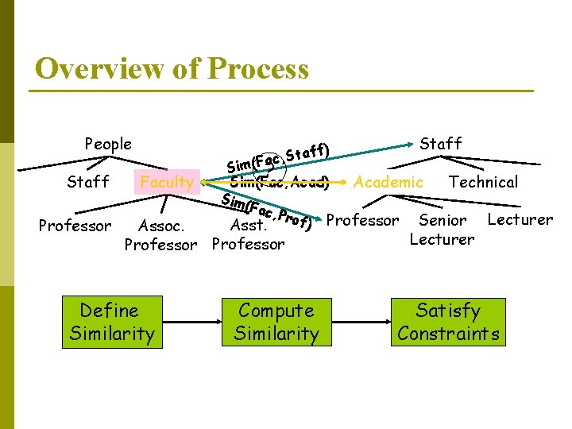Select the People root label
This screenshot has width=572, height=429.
[x=108, y=144]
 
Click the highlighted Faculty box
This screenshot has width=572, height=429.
[x=167, y=182]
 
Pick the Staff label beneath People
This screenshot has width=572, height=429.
[x=88, y=182]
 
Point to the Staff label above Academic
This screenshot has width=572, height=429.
[x=441, y=143]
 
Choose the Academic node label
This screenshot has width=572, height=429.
[x=388, y=182]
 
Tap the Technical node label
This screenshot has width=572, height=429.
[x=483, y=182]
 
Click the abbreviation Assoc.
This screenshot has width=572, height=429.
[x=161, y=226]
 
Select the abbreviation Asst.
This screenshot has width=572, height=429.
[x=248, y=226]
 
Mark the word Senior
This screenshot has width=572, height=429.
[x=443, y=220]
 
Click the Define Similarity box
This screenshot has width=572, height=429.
[x=111, y=322]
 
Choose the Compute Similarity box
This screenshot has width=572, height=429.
[x=276, y=322]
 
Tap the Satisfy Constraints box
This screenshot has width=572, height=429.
[x=448, y=322]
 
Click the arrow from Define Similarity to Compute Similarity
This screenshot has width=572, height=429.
[x=190, y=323]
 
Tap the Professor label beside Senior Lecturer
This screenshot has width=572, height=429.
[x=362, y=220]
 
